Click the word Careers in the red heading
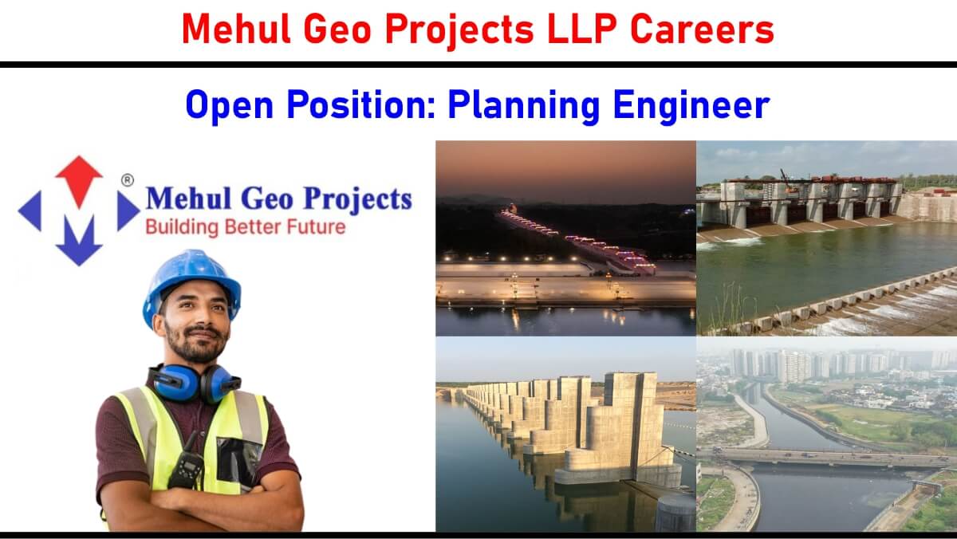click(702, 29)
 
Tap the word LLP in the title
click(582, 29)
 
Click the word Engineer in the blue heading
click(691, 105)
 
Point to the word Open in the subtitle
click(229, 105)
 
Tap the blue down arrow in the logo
click(79, 242)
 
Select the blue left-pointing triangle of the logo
click(30, 211)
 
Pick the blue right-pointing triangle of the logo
click(128, 211)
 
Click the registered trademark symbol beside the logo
click(128, 180)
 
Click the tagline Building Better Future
click(246, 227)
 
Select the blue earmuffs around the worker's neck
click(195, 383)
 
